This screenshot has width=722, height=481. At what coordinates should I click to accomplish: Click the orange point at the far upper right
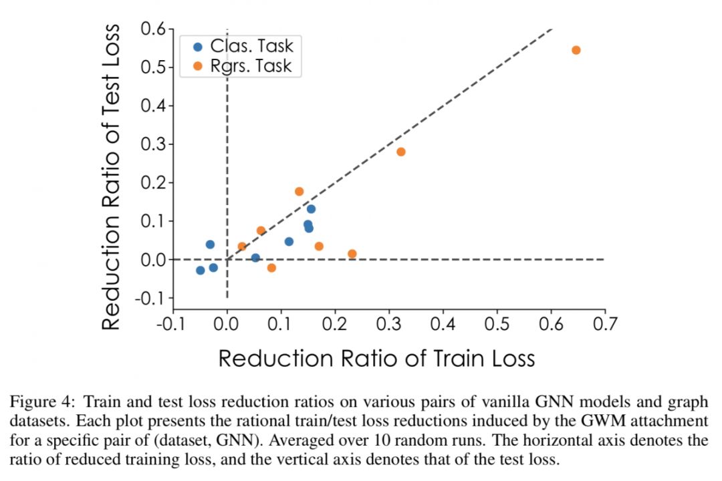576,50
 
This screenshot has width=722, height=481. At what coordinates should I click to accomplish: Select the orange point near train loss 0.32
400,152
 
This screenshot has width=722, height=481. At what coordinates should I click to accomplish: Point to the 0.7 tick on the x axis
604,325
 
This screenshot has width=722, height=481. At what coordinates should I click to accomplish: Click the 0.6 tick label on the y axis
153,29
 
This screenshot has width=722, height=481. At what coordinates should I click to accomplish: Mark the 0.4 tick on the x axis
443,325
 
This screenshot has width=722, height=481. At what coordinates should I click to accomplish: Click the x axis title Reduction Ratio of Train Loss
376,358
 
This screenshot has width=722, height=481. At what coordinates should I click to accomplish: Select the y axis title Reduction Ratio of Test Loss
112,176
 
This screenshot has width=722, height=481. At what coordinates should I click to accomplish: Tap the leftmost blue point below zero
200,270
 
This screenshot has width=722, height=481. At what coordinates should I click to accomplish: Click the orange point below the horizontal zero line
271,267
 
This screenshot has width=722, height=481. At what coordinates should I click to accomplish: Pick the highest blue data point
311,208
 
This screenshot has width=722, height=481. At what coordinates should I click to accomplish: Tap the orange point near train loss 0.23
352,254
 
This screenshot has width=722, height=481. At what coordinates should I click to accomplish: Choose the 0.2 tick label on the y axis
153,182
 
